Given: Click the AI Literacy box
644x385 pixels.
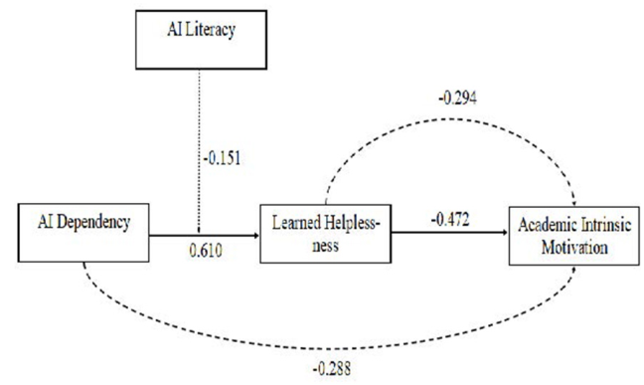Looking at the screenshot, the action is click(x=201, y=40).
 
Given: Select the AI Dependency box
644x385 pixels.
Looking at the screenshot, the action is click(x=83, y=233).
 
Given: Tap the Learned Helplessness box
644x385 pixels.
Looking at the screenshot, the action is click(x=326, y=234).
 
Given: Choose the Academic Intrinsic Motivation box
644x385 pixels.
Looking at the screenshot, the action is click(x=574, y=236).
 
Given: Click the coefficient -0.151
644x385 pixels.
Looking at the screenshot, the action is click(x=223, y=158).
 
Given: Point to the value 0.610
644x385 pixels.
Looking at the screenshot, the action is click(x=206, y=250).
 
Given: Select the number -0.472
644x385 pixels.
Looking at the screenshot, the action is click(x=450, y=219).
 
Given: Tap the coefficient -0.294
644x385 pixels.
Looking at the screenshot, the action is click(x=458, y=98).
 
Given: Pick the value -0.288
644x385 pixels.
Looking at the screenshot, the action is click(x=332, y=369).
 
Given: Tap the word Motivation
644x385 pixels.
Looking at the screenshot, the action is click(x=574, y=248).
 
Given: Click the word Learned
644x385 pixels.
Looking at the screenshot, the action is click(x=296, y=223).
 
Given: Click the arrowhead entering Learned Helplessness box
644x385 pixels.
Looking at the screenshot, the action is click(x=257, y=236).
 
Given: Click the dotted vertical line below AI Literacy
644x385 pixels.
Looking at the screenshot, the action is click(x=199, y=150).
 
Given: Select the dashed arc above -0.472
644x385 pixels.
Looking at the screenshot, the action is click(x=451, y=118).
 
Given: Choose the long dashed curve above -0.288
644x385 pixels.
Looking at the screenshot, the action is click(x=329, y=348).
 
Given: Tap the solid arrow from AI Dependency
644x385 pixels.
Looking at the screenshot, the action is click(x=205, y=236).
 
